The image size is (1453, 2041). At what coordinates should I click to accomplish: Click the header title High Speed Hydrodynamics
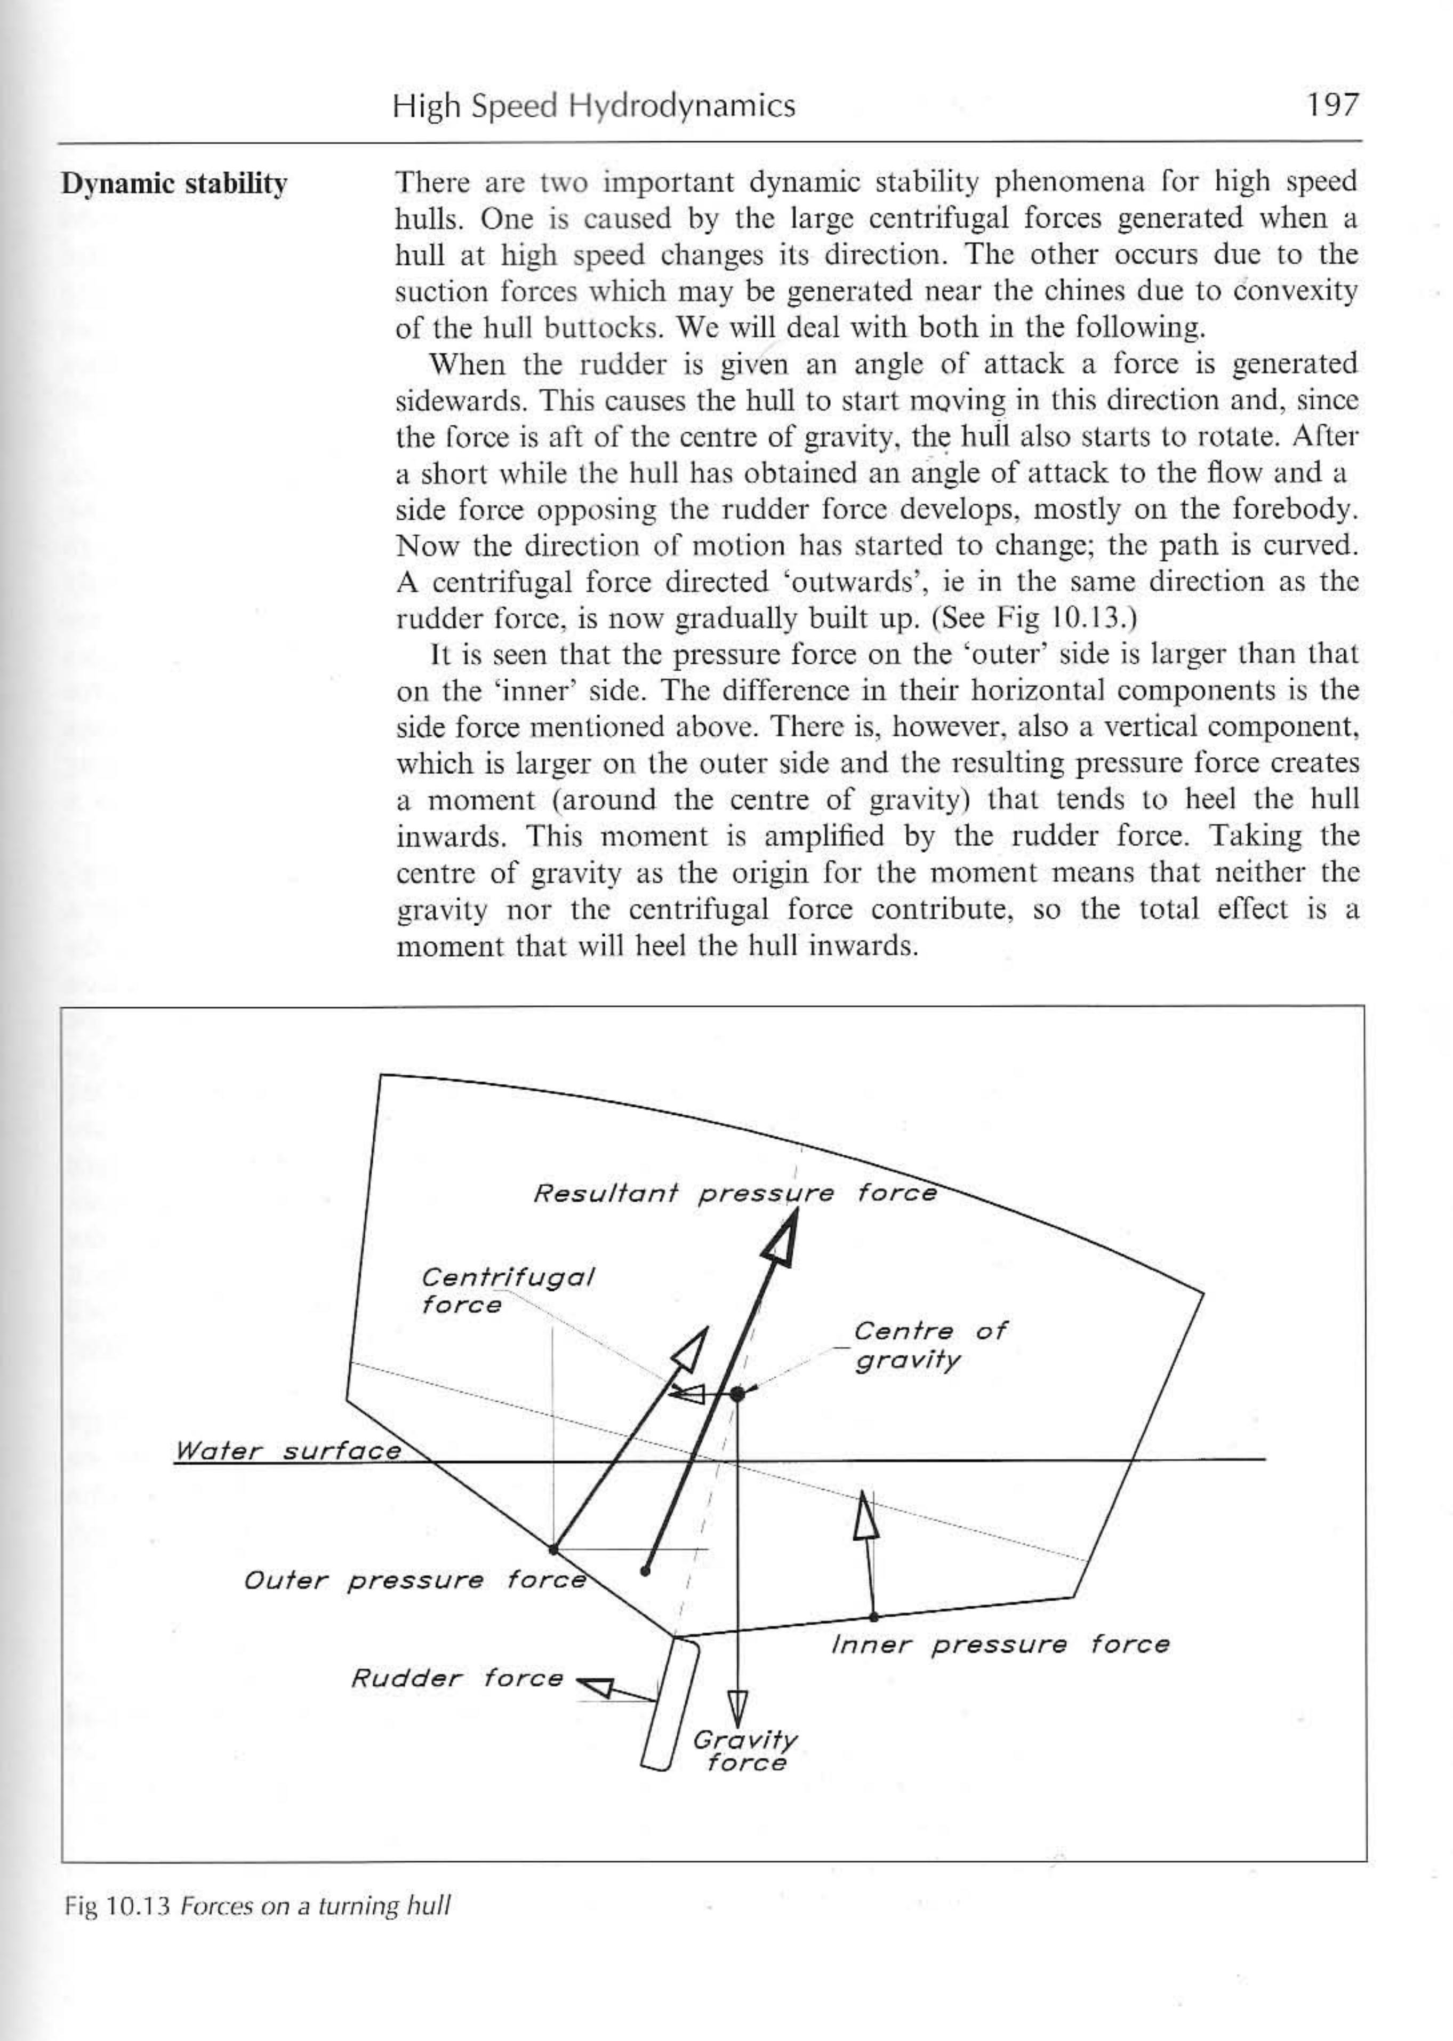[593, 107]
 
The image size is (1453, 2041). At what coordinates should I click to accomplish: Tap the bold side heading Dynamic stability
[174, 185]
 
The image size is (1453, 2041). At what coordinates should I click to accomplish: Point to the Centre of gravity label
[929, 1345]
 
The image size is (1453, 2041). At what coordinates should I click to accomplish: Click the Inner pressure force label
[999, 1645]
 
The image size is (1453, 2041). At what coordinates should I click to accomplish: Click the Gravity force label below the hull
[744, 1751]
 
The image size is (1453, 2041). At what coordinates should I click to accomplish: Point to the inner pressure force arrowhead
[864, 1512]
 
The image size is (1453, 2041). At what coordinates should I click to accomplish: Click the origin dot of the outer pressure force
[554, 1548]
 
